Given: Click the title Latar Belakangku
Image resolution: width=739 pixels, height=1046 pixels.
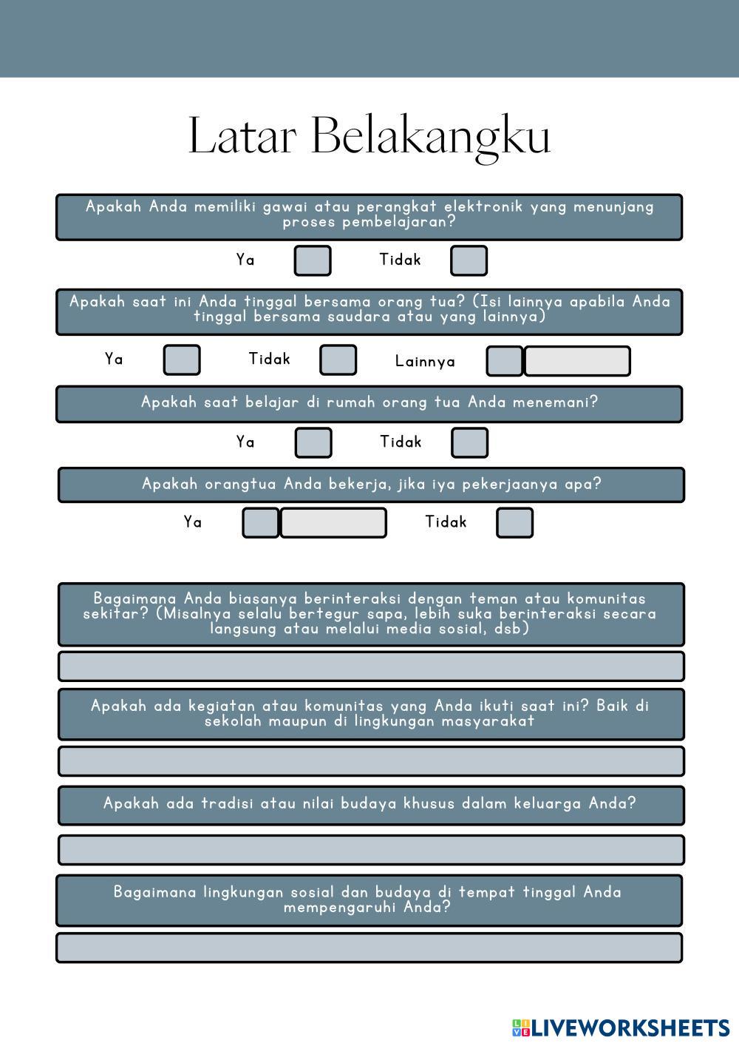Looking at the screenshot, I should click(x=369, y=135).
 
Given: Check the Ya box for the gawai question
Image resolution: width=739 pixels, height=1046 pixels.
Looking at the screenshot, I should click(x=313, y=260).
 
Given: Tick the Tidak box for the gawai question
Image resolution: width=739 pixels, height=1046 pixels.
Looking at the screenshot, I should click(x=469, y=260).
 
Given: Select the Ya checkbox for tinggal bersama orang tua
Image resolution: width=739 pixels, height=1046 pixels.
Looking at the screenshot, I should click(x=181, y=360).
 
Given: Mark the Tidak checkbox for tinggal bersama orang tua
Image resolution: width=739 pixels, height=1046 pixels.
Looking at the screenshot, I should click(x=338, y=360).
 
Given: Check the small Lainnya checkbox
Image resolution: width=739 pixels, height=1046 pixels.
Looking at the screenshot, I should click(x=505, y=361).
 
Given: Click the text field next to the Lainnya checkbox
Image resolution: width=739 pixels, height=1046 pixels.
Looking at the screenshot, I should click(x=577, y=361).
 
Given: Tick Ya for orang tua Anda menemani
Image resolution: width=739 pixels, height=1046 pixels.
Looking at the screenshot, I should click(x=313, y=442).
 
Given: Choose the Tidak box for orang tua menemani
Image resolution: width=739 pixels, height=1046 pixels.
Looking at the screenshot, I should click(x=469, y=442).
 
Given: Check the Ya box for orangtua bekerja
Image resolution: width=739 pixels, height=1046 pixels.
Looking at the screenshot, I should click(x=261, y=522).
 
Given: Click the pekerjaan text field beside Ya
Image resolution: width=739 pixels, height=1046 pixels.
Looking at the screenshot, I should click(x=333, y=522).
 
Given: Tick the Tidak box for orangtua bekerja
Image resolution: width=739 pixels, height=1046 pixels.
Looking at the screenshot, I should click(x=514, y=522).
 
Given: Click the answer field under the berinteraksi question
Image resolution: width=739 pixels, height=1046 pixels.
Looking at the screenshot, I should click(x=371, y=667).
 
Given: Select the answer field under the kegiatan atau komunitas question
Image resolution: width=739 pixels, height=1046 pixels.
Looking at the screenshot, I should click(x=371, y=761).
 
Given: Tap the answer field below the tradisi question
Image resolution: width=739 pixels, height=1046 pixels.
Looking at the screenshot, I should click(x=371, y=850).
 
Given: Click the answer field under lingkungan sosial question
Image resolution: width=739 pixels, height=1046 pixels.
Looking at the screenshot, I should click(x=369, y=948).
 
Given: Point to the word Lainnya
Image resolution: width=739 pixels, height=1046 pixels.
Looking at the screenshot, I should click(x=425, y=362).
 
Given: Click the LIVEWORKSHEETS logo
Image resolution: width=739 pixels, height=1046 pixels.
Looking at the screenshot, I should click(x=621, y=1027).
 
